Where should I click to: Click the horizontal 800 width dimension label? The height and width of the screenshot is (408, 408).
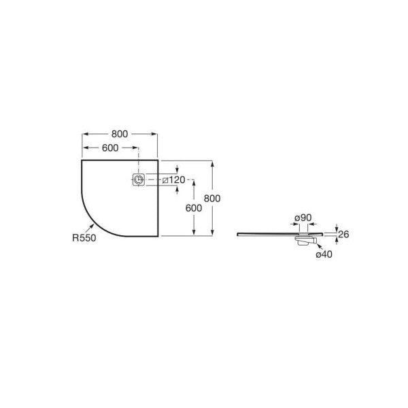(x=120, y=134)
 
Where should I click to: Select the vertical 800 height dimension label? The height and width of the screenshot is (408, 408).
(x=212, y=199)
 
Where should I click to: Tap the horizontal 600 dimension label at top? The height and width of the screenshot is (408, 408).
(x=110, y=148)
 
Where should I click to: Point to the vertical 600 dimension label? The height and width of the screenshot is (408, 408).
(x=194, y=208)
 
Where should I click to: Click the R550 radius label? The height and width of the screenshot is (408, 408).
(x=84, y=238)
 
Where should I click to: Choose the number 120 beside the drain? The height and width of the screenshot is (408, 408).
(x=177, y=180)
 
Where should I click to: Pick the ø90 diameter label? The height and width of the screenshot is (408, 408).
(x=303, y=218)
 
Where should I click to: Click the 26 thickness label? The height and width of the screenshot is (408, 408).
(x=343, y=235)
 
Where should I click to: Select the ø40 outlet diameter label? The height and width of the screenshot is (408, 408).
(x=324, y=254)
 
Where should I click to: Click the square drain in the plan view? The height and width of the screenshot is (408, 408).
(x=139, y=180)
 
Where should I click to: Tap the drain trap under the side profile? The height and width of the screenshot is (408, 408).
(x=305, y=241)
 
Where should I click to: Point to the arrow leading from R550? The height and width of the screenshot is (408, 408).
(x=90, y=228)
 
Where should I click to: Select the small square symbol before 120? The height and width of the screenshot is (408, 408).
(x=165, y=180)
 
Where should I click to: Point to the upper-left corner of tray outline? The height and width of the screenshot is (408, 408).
(x=82, y=160)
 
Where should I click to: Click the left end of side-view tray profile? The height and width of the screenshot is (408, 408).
(x=237, y=235)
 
